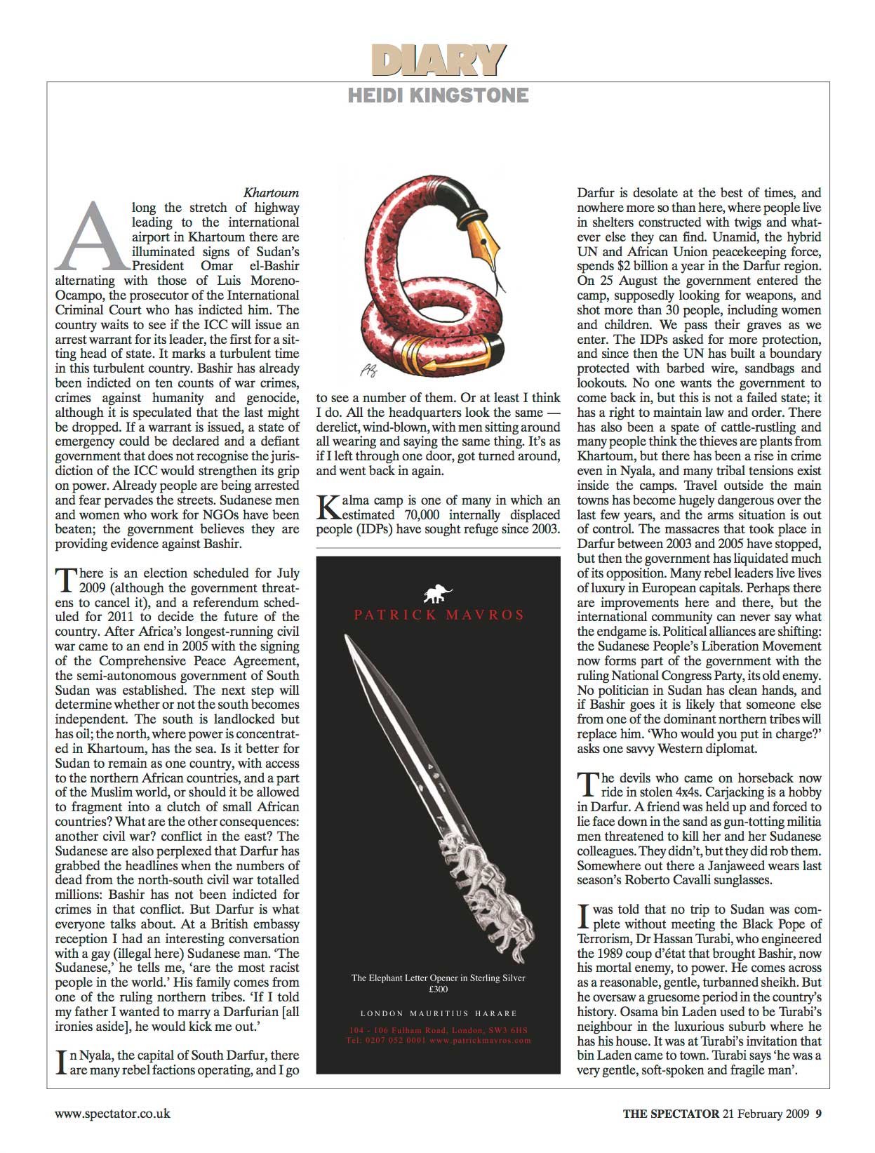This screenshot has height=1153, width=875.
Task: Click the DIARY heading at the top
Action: coord(438,60)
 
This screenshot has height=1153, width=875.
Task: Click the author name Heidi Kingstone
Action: coord(438,95)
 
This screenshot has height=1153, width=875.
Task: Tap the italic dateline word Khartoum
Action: coord(271,192)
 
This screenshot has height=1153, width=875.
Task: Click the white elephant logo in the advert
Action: coord(439,594)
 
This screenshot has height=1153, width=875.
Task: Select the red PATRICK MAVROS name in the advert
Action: coord(439,615)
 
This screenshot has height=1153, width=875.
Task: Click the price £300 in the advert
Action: coord(439,989)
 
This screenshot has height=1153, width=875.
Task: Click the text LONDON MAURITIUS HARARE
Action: coord(439,1013)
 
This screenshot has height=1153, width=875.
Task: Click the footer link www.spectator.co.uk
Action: coord(112,1114)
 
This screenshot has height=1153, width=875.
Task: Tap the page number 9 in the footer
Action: coord(818,1114)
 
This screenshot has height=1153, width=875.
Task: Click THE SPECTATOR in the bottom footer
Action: coord(671,1114)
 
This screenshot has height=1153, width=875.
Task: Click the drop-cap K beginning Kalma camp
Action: coord(328,507)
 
